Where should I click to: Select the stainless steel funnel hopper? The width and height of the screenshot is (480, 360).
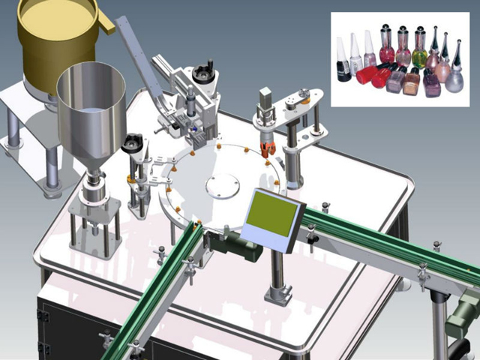(91, 112)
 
